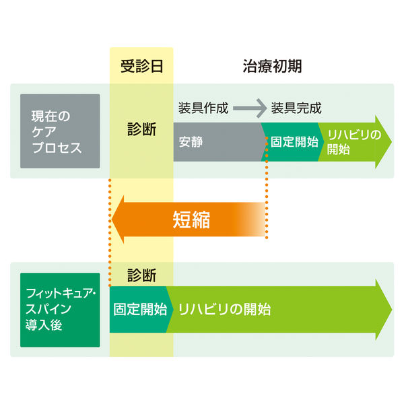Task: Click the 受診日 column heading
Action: [x=141, y=66]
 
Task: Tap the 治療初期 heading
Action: [x=272, y=66]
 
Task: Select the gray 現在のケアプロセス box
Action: [x=60, y=131]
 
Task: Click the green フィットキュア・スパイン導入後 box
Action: [x=60, y=310]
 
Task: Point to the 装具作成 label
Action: [x=203, y=108]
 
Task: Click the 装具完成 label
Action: [x=296, y=108]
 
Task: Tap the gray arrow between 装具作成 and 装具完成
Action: [x=250, y=108]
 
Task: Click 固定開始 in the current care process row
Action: [x=294, y=142]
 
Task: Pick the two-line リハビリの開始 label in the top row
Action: [x=353, y=142]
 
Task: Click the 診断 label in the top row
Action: [x=141, y=129]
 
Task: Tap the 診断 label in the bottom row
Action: [x=141, y=275]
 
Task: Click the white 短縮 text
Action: [x=191, y=220]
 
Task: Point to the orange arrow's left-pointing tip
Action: [x=112, y=220]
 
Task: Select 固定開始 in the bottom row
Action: [x=140, y=310]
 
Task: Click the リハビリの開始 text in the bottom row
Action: [x=224, y=310]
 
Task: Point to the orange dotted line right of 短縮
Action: [x=267, y=188]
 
